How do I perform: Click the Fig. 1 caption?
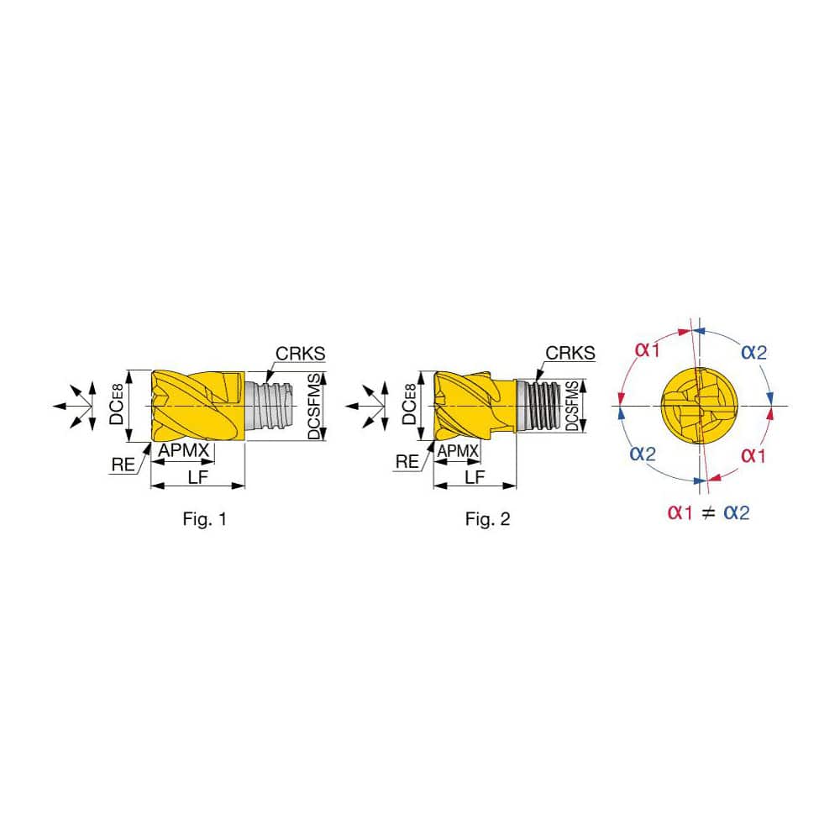pyautogui.click(x=205, y=518)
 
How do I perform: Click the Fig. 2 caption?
pyautogui.click(x=487, y=518)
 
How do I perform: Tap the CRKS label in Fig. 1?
pyautogui.click(x=300, y=354)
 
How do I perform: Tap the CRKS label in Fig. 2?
pyautogui.click(x=570, y=353)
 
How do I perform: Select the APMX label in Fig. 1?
pyautogui.click(x=183, y=450)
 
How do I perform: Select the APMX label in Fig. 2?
pyautogui.click(x=458, y=451)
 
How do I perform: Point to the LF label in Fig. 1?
pyautogui.click(x=197, y=477)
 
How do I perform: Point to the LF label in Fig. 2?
pyautogui.click(x=475, y=477)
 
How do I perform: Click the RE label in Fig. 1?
pyautogui.click(x=123, y=465)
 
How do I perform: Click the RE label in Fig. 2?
pyautogui.click(x=407, y=461)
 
